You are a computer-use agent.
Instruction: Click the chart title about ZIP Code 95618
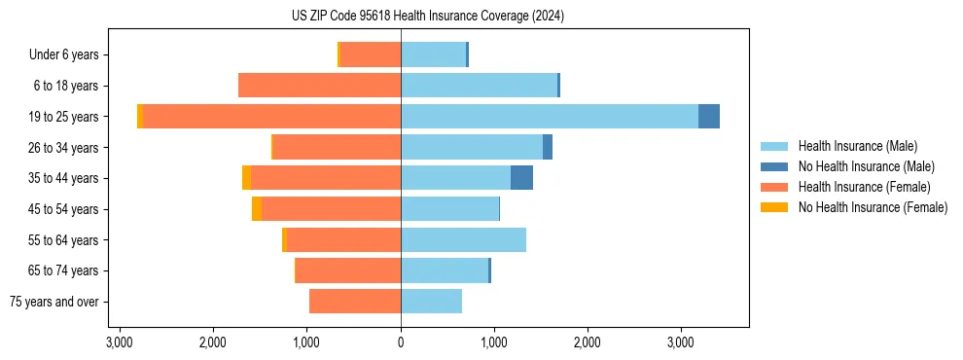[x=427, y=17]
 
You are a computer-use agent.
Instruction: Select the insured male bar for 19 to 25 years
[x=550, y=116]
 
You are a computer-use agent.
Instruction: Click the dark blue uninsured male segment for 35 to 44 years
[x=521, y=178]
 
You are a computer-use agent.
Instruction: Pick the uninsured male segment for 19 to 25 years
[x=709, y=116]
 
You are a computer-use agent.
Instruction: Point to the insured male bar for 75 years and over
[x=431, y=302]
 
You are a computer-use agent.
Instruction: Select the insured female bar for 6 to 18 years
[x=319, y=86]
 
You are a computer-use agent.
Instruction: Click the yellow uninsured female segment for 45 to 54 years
[x=257, y=209]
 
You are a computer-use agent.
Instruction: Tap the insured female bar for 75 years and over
[x=355, y=302]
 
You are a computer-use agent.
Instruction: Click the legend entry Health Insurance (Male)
[x=857, y=146]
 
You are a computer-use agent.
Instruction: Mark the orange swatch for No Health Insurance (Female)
[x=774, y=207]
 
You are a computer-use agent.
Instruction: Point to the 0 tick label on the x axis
[x=401, y=343]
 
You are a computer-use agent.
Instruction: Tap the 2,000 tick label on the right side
[x=588, y=343]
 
